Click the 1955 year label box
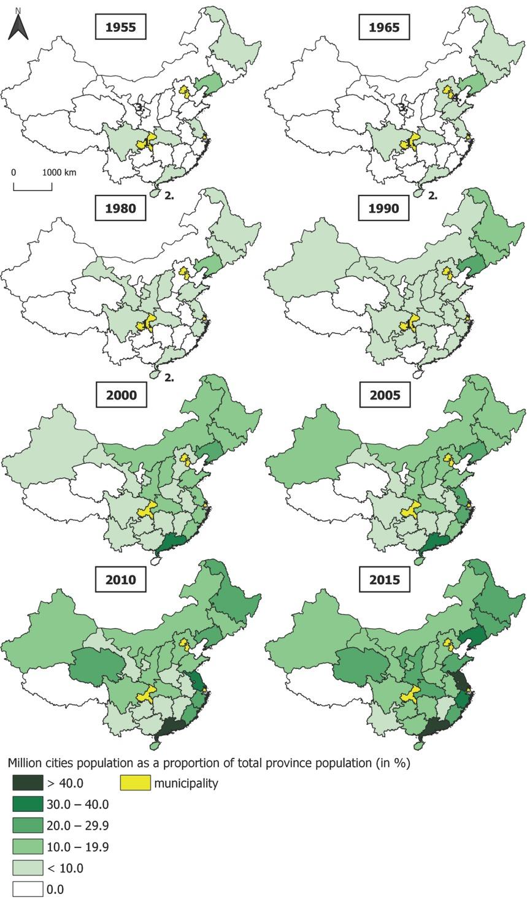click(x=120, y=27)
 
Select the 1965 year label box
click(x=384, y=27)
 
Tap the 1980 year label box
click(x=120, y=208)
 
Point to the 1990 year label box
click(x=384, y=208)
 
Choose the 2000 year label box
click(x=120, y=395)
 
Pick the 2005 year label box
click(x=384, y=395)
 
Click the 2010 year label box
click(x=120, y=579)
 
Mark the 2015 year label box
click(x=384, y=579)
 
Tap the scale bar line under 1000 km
click(x=33, y=189)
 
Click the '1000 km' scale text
click(x=60, y=172)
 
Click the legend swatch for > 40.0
click(x=28, y=783)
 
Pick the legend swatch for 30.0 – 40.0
click(x=28, y=804)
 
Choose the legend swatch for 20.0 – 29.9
click(x=28, y=825)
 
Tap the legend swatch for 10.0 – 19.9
click(x=28, y=847)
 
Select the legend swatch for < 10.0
click(x=28, y=868)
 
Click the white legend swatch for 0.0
click(x=28, y=889)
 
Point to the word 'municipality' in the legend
click(x=186, y=783)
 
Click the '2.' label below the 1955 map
click(x=169, y=195)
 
